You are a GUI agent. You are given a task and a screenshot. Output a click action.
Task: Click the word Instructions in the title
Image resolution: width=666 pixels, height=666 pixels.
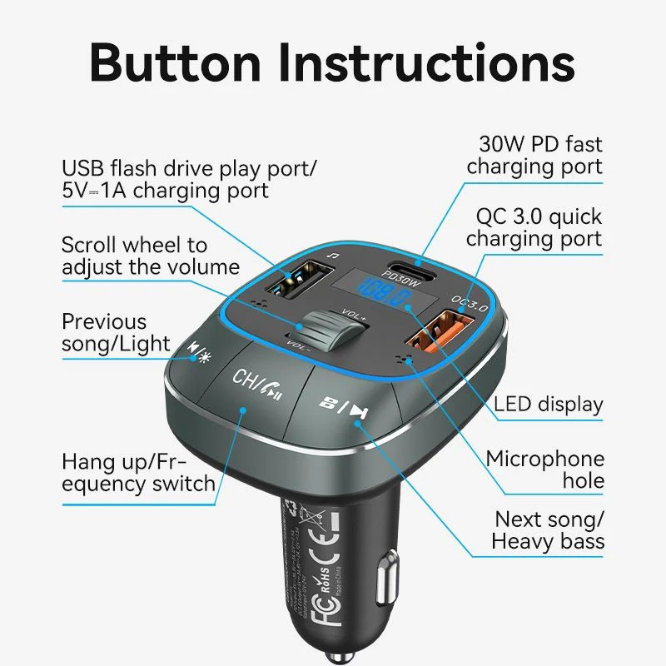pyautogui.click(x=426, y=61)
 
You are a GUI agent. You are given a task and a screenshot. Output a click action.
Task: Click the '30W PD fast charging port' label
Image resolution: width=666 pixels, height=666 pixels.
pyautogui.click(x=534, y=156)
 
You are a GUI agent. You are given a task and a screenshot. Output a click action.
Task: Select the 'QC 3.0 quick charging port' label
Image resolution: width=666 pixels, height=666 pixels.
pyautogui.click(x=534, y=227)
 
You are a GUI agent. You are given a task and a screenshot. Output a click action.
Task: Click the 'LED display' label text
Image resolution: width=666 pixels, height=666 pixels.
pyautogui.click(x=548, y=405)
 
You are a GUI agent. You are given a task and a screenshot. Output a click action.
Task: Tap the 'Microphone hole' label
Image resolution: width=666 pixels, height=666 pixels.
pyautogui.click(x=545, y=470)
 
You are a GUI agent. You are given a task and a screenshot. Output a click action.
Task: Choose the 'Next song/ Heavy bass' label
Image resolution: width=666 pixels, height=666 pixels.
pyautogui.click(x=548, y=530)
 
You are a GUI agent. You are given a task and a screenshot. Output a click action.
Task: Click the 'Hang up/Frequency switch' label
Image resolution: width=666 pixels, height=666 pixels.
pyautogui.click(x=138, y=472)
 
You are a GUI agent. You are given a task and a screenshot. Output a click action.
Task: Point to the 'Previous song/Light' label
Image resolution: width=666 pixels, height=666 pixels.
pyautogui.click(x=116, y=333)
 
